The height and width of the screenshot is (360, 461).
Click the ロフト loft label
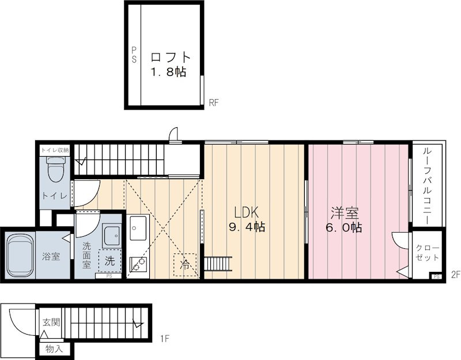(x=171, y=57)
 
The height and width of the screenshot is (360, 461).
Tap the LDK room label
(x=246, y=212)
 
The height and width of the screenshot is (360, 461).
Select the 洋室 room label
(x=345, y=213)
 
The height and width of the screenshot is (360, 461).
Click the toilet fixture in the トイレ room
(x=55, y=169)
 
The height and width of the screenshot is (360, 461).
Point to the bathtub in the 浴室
(x=20, y=255)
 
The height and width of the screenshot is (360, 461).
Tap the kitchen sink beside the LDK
(x=138, y=228)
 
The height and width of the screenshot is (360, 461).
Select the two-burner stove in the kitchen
(x=138, y=263)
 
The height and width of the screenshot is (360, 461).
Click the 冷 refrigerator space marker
(x=185, y=265)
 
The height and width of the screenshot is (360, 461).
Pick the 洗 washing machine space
(x=110, y=261)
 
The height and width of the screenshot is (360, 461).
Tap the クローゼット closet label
(x=428, y=253)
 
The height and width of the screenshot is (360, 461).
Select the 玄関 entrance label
(x=51, y=323)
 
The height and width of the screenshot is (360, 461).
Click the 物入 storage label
(x=54, y=350)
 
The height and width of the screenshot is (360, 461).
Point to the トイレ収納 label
(x=55, y=150)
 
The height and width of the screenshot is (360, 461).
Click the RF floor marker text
(x=214, y=103)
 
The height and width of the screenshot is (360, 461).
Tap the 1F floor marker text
(x=165, y=339)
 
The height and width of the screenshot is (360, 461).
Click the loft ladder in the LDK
(x=218, y=263)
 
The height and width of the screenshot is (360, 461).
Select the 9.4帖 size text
(x=247, y=227)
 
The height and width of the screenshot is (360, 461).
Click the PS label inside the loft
(x=134, y=55)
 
